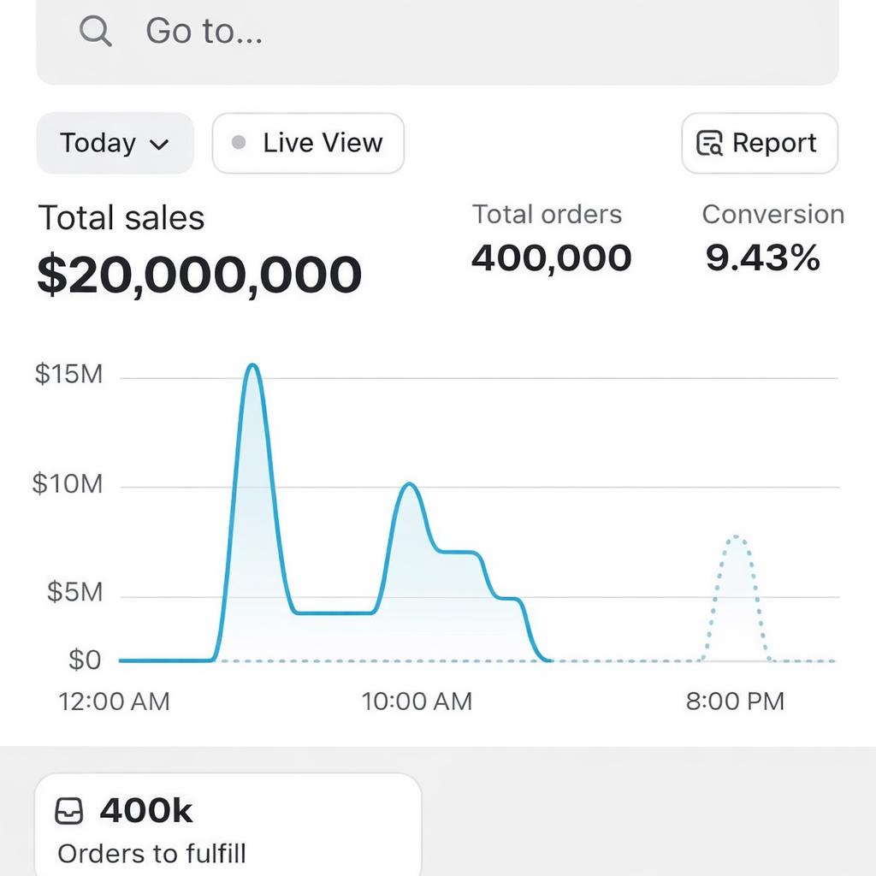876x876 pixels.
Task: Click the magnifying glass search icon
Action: point(95,32)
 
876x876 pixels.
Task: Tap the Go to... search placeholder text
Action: point(204,32)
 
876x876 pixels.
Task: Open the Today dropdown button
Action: point(115,143)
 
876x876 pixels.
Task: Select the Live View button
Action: point(308,143)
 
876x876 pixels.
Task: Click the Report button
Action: point(759,143)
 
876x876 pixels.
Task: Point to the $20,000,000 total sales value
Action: point(199,275)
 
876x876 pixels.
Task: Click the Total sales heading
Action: point(121,218)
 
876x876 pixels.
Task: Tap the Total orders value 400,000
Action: point(551,257)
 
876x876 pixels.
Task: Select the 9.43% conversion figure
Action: point(762,257)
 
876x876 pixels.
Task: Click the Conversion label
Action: point(772,215)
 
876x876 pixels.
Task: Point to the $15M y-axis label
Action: point(68,374)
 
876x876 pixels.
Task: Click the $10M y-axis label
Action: point(68,484)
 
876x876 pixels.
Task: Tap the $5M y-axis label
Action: point(74,592)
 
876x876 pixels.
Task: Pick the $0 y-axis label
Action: point(84,660)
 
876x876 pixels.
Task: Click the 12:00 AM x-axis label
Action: point(114,701)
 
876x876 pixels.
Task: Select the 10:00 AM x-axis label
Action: point(417,701)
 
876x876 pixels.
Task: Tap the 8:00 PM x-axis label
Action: point(735,701)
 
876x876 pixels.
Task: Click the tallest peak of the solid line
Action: point(252,365)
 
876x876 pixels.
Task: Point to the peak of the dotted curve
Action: point(736,537)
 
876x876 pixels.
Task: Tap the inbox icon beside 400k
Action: point(69,811)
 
